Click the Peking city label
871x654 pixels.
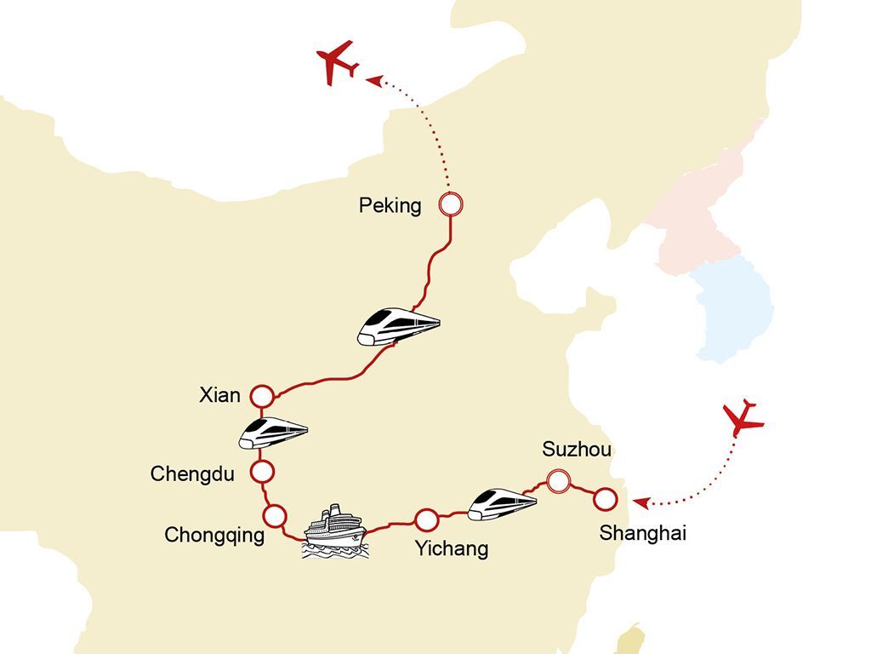pos(390,206)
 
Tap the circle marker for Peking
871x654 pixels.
pos(451,204)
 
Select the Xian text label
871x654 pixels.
pos(219,395)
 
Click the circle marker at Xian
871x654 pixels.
pos(261,396)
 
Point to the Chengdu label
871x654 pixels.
pos(191,473)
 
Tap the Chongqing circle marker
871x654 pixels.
pos(275,515)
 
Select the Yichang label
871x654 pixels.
pos(452,548)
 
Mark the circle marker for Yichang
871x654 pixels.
pos(426,519)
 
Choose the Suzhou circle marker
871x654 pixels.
pos(558,481)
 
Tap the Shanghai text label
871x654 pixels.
pos(642,533)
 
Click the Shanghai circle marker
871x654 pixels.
pos(605,499)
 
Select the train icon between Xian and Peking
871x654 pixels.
pos(398,325)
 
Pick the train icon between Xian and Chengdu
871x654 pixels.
pos(272,433)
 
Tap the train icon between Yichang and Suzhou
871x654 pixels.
pos(503,503)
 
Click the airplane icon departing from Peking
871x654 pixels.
pos(336,62)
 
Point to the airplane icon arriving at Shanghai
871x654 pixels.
pos(743,418)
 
